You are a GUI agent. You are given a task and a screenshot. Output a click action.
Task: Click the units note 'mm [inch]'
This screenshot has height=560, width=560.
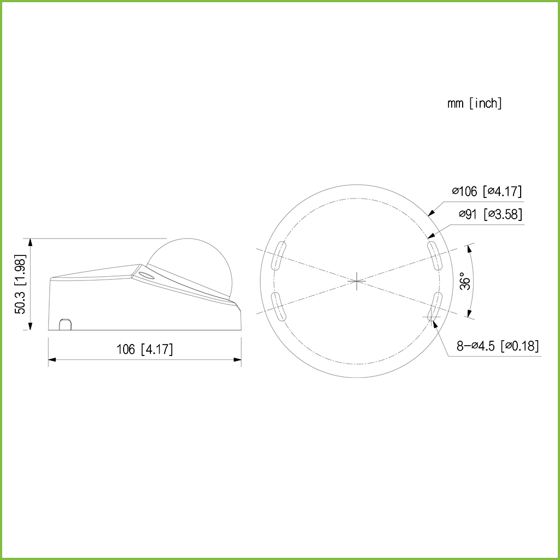pos(475,103)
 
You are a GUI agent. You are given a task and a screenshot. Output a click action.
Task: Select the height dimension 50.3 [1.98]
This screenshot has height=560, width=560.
pos(20,284)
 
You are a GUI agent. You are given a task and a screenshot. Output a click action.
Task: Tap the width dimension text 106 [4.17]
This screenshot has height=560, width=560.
pos(144,349)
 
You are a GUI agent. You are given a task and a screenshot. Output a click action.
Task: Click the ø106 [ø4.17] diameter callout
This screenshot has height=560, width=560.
pos(487,191)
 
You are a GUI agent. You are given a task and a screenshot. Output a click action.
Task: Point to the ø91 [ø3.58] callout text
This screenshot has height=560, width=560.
pos(491,214)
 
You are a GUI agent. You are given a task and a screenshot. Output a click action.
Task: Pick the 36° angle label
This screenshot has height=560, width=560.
pos(465,281)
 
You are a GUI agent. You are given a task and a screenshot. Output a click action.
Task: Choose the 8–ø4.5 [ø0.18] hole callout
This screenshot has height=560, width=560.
pos(498,346)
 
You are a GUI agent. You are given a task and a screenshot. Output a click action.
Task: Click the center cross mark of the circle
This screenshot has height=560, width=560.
pos(357,282)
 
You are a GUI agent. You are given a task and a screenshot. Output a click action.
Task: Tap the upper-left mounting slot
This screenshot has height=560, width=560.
pos(279,256)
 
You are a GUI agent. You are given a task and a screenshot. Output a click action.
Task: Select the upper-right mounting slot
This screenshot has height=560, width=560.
pos(435,256)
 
